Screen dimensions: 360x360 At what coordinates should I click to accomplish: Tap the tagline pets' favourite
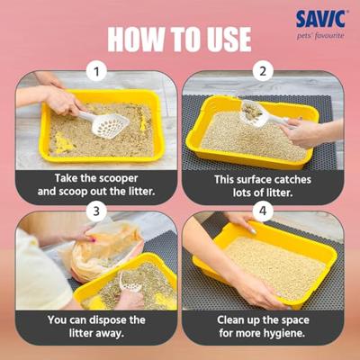[x=320, y=36]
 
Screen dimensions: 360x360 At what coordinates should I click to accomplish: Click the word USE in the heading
[x=225, y=40]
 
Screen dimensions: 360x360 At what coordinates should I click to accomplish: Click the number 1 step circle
[x=96, y=72]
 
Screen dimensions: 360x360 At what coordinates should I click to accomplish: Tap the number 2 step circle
[x=263, y=72]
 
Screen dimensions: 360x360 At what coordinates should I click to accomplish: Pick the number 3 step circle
[x=96, y=211]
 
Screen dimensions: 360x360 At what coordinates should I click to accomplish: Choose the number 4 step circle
[x=263, y=211]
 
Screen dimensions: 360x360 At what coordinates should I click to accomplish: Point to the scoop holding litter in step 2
[x=255, y=113]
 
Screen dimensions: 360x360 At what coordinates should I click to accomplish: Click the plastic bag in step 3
[x=105, y=249]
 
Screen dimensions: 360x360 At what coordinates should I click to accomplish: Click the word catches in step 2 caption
[x=292, y=179]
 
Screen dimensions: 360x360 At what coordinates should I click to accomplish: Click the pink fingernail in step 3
[x=94, y=240]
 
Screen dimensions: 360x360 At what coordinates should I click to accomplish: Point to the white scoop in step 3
[x=129, y=282]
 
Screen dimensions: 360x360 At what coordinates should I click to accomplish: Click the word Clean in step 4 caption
[x=231, y=319]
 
